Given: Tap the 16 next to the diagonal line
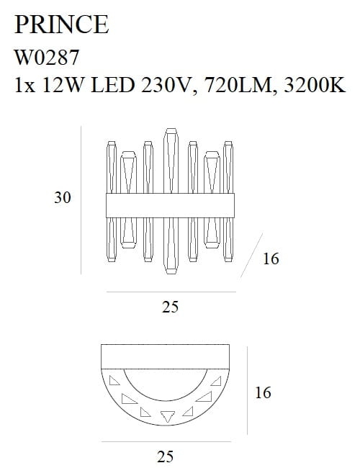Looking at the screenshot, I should (270, 259).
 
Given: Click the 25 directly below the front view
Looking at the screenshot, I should (171, 307).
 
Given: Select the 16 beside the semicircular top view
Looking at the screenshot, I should (263, 393).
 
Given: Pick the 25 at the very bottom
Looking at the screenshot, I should (166, 455).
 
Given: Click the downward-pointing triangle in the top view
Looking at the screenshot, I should (168, 415).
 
